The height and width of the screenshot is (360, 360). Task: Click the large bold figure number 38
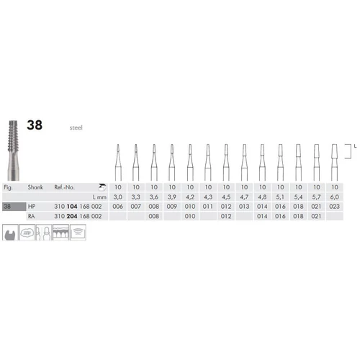(35, 125)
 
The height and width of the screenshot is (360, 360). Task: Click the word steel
(76, 127)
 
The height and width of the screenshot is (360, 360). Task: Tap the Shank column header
(35, 187)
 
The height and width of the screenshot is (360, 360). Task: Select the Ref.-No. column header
(64, 187)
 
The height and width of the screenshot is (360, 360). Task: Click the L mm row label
(99, 197)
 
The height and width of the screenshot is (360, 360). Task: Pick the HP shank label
(32, 207)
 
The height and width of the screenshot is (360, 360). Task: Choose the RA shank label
(32, 216)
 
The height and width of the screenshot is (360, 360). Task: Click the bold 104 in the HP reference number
(72, 207)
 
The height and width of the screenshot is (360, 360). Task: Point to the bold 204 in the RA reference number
(72, 216)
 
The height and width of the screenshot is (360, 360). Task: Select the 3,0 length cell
(118, 197)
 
